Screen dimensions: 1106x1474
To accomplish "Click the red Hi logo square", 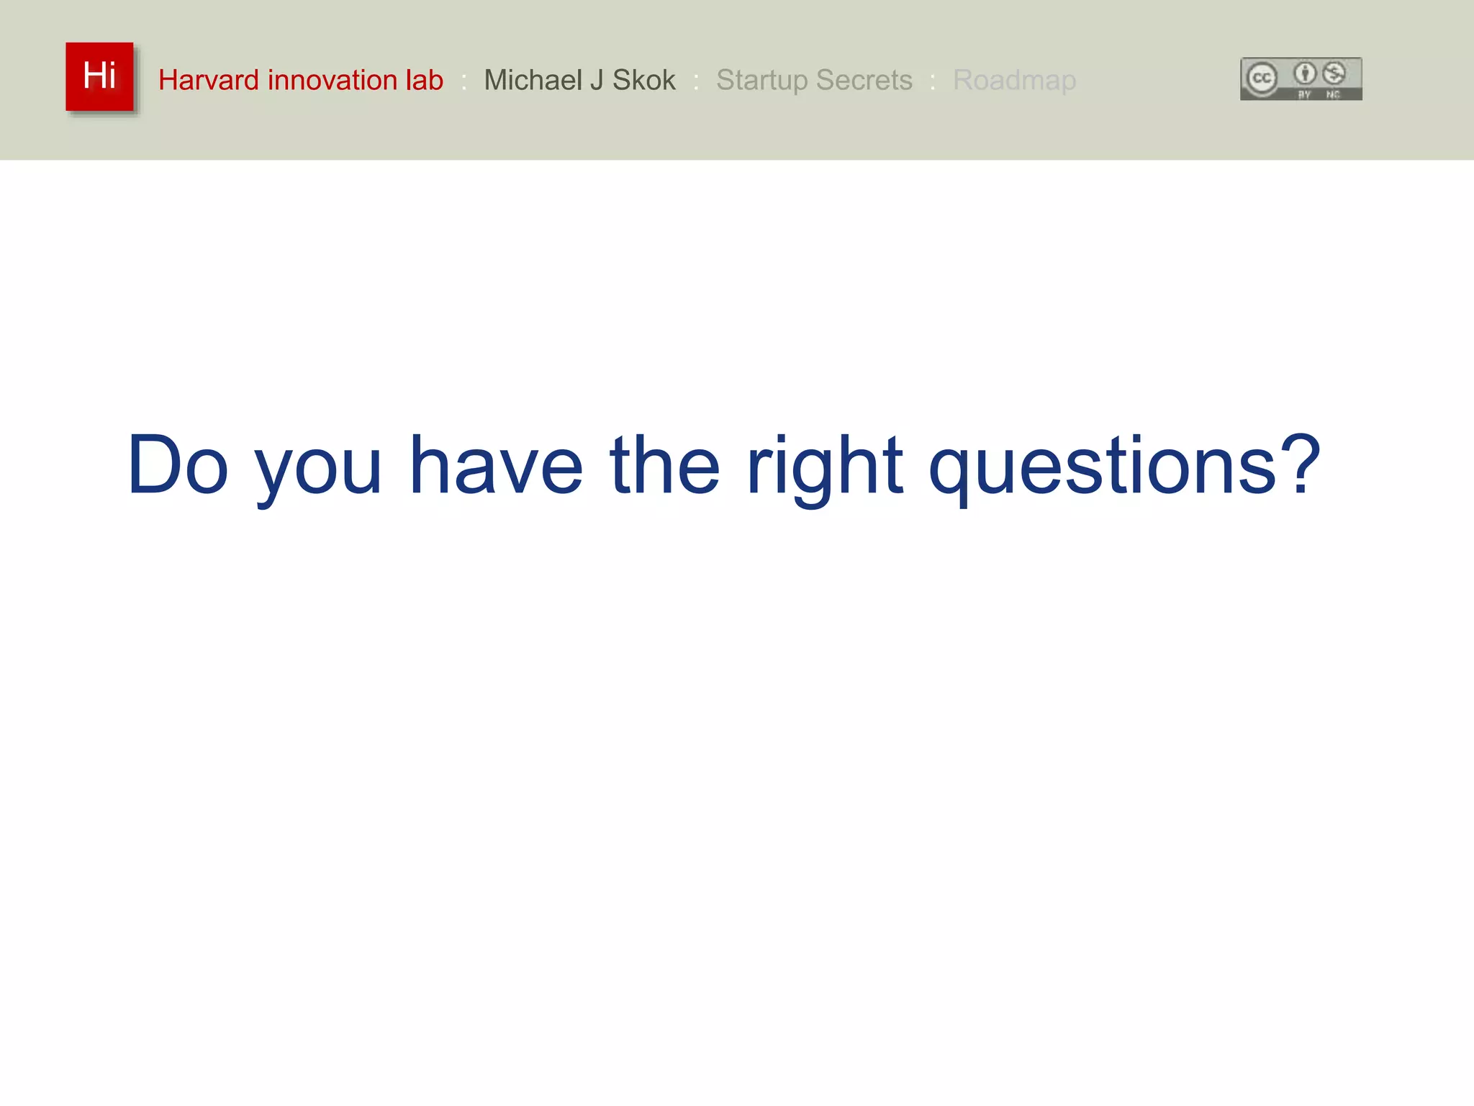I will [x=99, y=76].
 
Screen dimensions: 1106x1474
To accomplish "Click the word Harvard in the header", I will [x=208, y=80].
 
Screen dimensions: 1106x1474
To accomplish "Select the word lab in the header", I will [x=424, y=80].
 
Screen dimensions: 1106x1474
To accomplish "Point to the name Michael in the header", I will [x=533, y=80].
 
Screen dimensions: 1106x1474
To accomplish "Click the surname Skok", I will [x=644, y=80].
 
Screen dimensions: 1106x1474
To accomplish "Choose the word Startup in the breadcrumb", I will [x=762, y=81].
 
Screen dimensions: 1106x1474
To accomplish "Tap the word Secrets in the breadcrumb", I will [x=864, y=80].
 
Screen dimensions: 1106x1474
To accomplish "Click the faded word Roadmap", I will [x=1014, y=81].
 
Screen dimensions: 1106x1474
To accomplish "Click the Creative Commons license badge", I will [x=1301, y=78].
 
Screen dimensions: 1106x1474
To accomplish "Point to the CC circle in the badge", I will [x=1262, y=78].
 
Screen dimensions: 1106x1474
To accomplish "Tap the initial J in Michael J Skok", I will [x=597, y=80].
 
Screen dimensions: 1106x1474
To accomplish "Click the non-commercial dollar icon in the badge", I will [x=1334, y=73].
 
